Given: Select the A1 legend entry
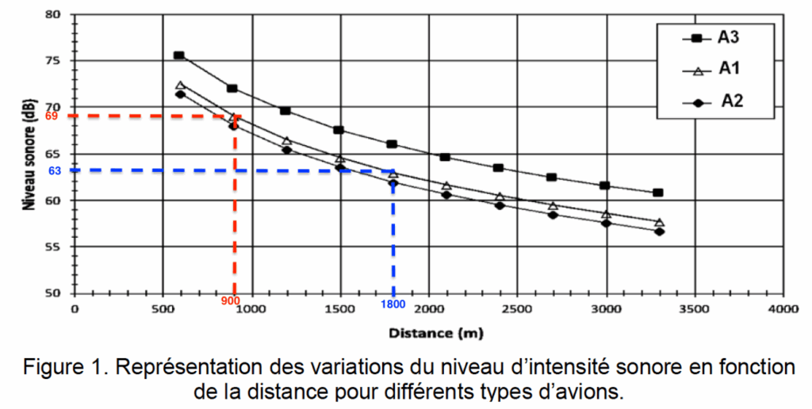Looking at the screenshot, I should [x=714, y=70].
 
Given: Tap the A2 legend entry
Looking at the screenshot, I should [x=714, y=101].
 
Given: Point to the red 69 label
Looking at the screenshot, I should [x=52, y=117].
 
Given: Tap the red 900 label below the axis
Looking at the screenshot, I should [x=231, y=302].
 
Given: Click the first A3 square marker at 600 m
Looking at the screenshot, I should [x=179, y=55].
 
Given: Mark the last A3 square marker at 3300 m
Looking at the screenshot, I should [x=658, y=193].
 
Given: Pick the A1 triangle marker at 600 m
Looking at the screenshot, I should [x=180, y=85].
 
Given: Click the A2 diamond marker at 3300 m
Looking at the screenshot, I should [x=659, y=231].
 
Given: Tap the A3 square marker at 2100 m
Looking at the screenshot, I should [x=445, y=157].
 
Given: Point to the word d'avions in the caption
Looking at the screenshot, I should [x=584, y=392].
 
